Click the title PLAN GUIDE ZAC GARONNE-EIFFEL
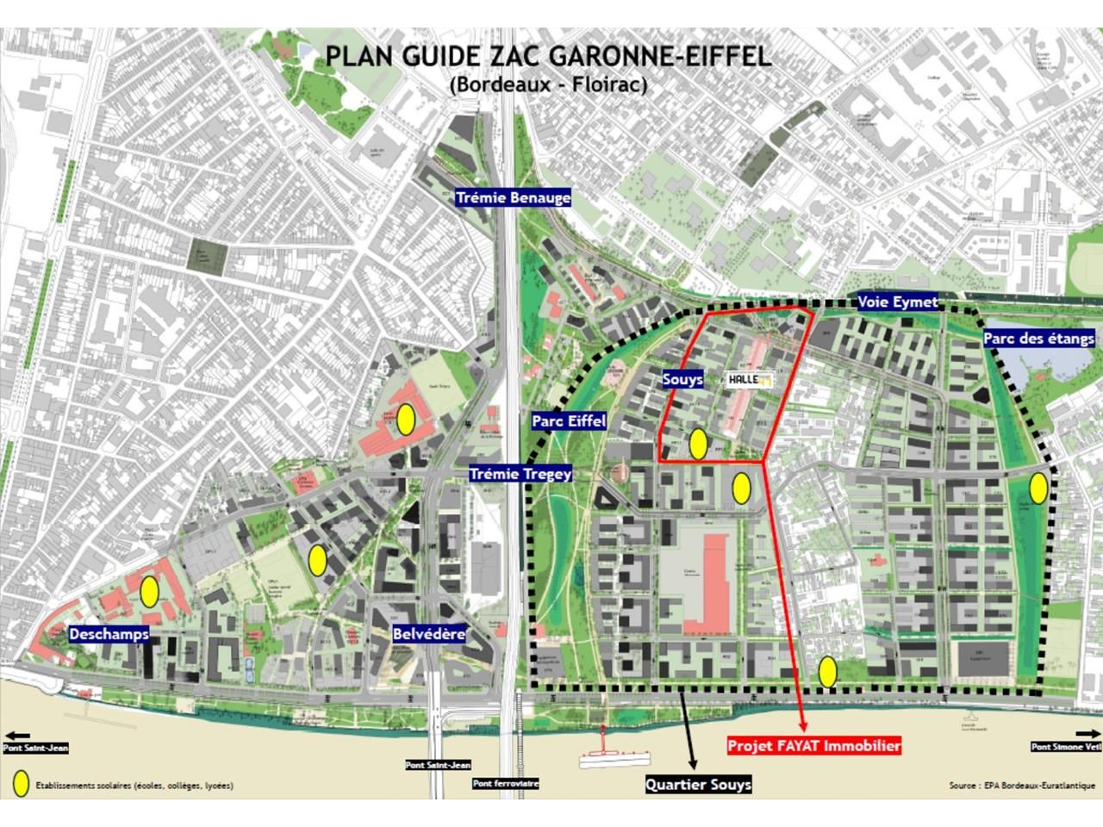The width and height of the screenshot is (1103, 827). [x=547, y=57]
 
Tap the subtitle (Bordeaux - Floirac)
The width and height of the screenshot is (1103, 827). [x=547, y=84]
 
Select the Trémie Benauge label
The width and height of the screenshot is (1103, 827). [x=514, y=198]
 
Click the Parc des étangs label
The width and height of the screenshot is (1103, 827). [x=1038, y=339]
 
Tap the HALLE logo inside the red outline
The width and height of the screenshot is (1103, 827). [x=749, y=379]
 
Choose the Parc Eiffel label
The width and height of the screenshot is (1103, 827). [x=569, y=421]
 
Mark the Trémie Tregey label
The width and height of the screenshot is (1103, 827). [x=520, y=474]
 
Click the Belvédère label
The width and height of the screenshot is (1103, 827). [x=428, y=634]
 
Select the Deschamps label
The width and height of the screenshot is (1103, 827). [x=109, y=634]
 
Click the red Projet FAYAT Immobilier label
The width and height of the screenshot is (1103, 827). [x=813, y=746]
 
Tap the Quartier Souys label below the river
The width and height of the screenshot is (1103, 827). [x=699, y=784]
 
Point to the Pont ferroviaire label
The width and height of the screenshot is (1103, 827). [x=506, y=784]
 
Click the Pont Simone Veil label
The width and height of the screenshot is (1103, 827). [x=1066, y=747]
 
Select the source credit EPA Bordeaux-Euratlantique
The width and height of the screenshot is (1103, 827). [x=1022, y=786]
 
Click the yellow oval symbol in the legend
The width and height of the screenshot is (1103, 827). [x=22, y=784]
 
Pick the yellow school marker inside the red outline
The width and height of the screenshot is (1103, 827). [x=698, y=445]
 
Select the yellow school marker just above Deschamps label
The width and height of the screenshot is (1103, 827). [x=149, y=591]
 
